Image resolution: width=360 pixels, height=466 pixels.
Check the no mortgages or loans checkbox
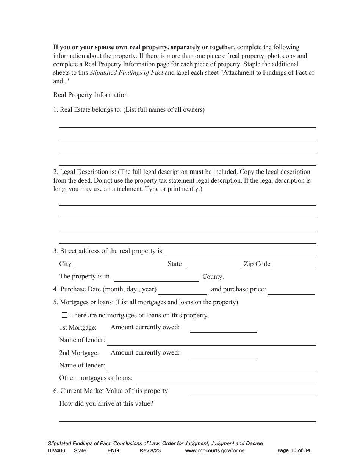(x=64, y=315)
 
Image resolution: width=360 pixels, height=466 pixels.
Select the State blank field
(x=212, y=265)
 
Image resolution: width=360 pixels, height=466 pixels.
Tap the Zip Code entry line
(x=294, y=265)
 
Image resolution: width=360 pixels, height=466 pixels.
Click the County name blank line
(x=156, y=278)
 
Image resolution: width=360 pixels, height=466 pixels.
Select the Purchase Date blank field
(x=183, y=291)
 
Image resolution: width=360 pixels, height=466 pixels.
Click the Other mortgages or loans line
(x=226, y=379)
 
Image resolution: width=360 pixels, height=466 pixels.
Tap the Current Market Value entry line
(x=252, y=392)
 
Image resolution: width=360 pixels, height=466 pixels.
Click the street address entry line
(x=240, y=252)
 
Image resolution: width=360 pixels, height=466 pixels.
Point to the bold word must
(x=196, y=172)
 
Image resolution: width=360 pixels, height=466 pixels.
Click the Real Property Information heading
(x=91, y=95)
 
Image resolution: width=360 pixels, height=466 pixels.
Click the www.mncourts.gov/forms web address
(x=215, y=450)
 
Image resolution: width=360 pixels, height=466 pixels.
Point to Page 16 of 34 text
(x=294, y=450)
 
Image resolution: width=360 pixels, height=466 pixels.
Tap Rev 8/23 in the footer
(x=150, y=450)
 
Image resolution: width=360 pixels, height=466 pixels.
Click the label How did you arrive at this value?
(x=106, y=404)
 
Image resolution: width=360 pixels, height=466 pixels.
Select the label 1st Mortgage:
(x=78, y=327)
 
